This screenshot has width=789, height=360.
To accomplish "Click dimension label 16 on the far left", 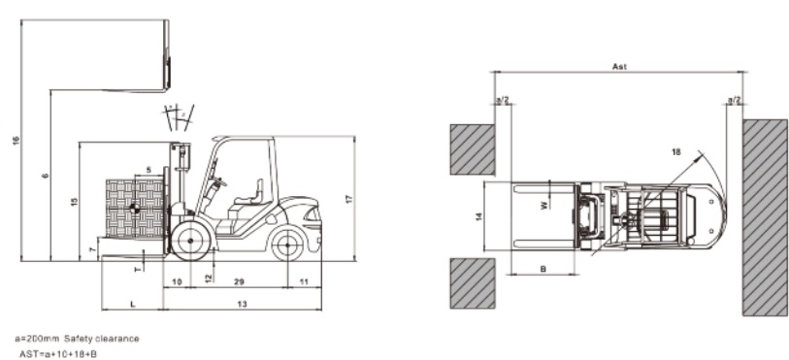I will pos(16,142).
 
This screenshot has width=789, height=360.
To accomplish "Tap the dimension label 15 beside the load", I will pos(74,201).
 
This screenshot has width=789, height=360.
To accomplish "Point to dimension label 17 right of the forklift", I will pos(348,199).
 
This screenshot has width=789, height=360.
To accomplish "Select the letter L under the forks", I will pos(132,305).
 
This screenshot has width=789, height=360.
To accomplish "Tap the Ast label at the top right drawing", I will pos(620,67).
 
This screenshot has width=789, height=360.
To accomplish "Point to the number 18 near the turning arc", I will pos(674,151).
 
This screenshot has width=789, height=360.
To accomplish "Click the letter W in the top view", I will pos(543,204).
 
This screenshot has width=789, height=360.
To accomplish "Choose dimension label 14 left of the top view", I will pos(477,217).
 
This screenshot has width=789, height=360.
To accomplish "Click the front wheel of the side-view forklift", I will pos(190,239).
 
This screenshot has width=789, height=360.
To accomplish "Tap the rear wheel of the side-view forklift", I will pos(287,244).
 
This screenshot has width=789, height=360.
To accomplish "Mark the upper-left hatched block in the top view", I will pos(473,147).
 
